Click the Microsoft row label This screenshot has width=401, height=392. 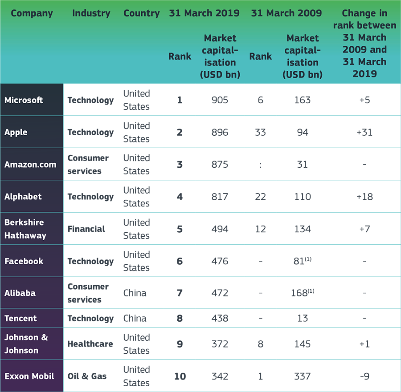(24, 100)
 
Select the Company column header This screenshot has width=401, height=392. (32, 13)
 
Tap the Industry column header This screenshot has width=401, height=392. (91, 13)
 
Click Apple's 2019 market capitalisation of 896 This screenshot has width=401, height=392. (220, 132)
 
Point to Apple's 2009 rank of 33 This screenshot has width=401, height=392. (260, 132)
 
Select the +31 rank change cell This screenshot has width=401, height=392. (364, 132)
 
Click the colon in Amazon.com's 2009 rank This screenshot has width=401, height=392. (260, 165)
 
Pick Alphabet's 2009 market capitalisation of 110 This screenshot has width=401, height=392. (303, 197)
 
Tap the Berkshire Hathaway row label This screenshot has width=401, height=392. (25, 229)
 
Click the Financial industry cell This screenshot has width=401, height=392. (86, 229)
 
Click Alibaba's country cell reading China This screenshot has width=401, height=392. (135, 293)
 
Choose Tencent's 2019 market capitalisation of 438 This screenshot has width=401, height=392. (220, 318)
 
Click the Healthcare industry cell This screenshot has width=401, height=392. (90, 344)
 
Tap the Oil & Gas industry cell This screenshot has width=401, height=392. (87, 376)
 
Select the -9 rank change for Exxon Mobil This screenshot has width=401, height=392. (364, 376)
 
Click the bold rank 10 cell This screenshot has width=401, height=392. (180, 376)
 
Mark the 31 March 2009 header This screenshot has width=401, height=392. (286, 13)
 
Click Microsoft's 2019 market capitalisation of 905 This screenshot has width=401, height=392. (220, 100)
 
